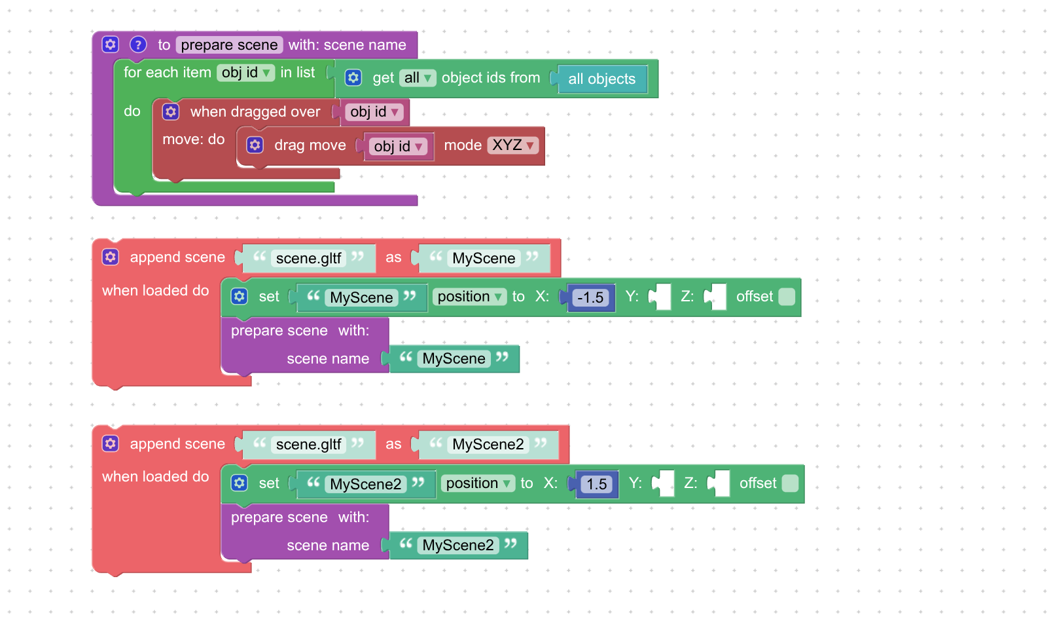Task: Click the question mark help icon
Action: coord(138,45)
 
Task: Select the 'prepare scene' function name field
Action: coord(229,45)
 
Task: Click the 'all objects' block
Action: coord(601,79)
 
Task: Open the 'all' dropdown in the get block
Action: coord(418,78)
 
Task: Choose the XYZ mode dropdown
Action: coord(514,145)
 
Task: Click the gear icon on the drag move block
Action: coord(255,145)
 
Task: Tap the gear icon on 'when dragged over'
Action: coord(171,112)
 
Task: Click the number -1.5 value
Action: coord(590,297)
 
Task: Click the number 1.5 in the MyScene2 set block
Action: coord(597,484)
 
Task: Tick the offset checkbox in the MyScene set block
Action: coord(787,297)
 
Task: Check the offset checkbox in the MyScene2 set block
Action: coord(790,483)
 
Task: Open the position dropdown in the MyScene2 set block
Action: coord(478,483)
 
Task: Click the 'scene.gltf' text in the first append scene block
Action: coord(308,258)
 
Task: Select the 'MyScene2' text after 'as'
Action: coord(488,445)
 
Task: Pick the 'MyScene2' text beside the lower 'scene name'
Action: coord(458,545)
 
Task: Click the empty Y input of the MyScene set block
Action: coord(662,297)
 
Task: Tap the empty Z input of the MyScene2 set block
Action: coord(721,483)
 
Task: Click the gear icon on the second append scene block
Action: coord(111,443)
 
